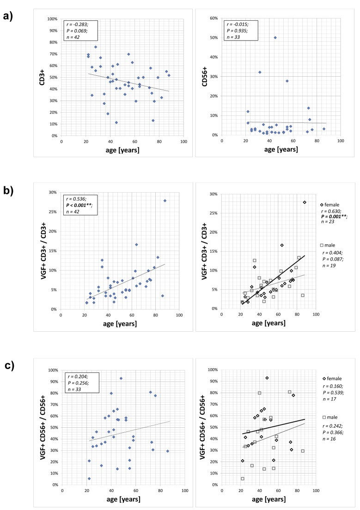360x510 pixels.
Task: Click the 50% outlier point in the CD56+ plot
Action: [275, 38]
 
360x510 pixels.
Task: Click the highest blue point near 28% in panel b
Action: [165, 200]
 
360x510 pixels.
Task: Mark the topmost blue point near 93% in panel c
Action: [121, 378]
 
